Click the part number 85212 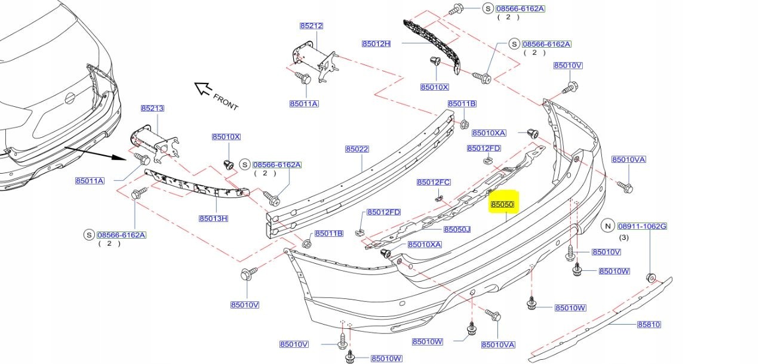[x=311, y=26]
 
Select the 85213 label [x=152, y=109]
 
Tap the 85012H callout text [x=376, y=44]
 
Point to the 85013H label [x=213, y=218]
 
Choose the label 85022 [x=357, y=149]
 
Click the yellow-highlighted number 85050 [x=502, y=204]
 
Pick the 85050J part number [x=457, y=229]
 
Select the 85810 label [x=649, y=325]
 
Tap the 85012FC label [x=434, y=182]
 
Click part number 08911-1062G [x=642, y=226]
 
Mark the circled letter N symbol [x=607, y=226]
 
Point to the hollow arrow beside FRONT [x=203, y=88]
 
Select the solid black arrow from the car [x=95, y=153]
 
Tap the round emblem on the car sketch [x=69, y=98]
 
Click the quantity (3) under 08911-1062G [x=624, y=237]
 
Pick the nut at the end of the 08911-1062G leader [x=651, y=277]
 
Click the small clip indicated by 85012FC [x=439, y=197]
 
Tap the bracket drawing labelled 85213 [x=154, y=144]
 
